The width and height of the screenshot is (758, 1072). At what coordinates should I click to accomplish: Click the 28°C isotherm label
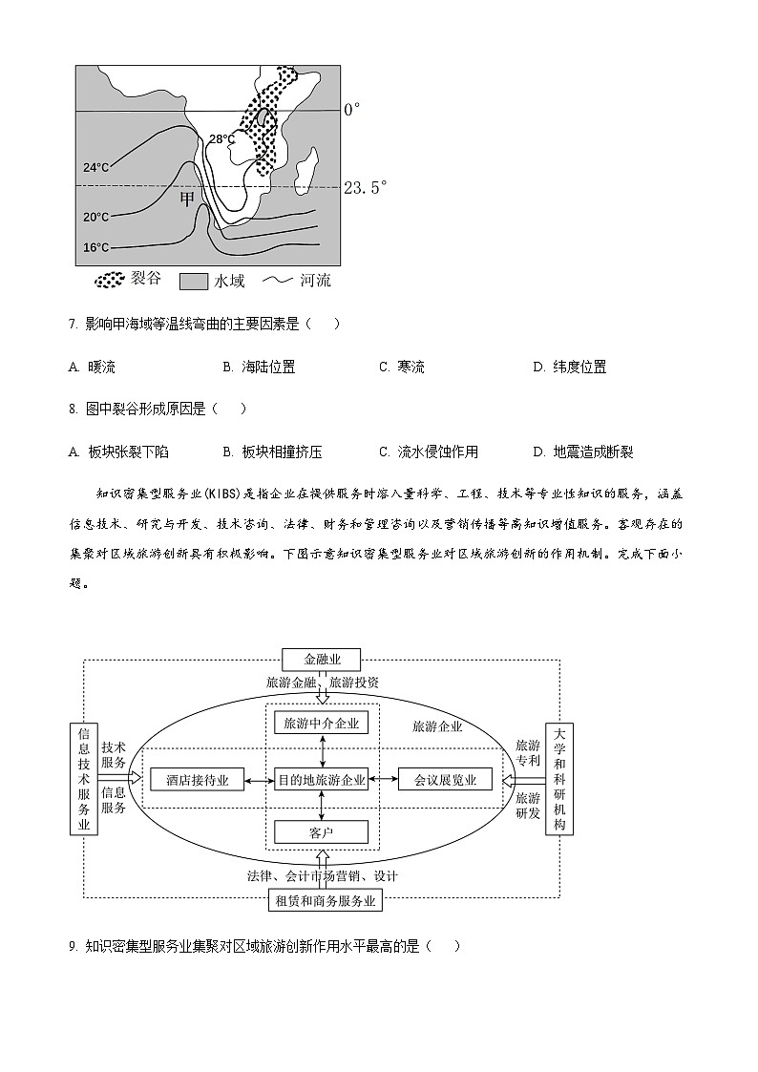tap(221, 139)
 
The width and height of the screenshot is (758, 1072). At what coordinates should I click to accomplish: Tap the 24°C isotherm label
tap(95, 168)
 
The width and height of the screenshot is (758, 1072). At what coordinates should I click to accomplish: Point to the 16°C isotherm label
tap(95, 248)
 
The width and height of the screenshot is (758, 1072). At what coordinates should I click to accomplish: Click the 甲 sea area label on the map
tap(188, 198)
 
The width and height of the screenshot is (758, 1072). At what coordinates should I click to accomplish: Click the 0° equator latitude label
tap(352, 110)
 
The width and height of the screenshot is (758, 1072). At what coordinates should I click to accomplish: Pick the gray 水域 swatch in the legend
tap(194, 282)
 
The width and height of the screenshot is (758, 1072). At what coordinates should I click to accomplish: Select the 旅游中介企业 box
tap(321, 724)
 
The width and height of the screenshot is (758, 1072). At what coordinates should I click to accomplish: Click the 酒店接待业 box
tap(197, 780)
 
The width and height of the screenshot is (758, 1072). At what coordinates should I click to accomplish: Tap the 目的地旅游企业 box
tap(321, 780)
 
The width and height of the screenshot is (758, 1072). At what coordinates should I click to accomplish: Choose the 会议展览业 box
tap(445, 780)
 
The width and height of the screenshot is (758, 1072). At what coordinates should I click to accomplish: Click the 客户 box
tap(321, 832)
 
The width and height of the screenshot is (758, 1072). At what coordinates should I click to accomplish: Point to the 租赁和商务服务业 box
tap(326, 900)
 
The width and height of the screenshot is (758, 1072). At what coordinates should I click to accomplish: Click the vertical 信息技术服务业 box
tap(84, 779)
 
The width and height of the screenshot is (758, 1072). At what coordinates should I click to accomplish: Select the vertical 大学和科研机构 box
tap(558, 779)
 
